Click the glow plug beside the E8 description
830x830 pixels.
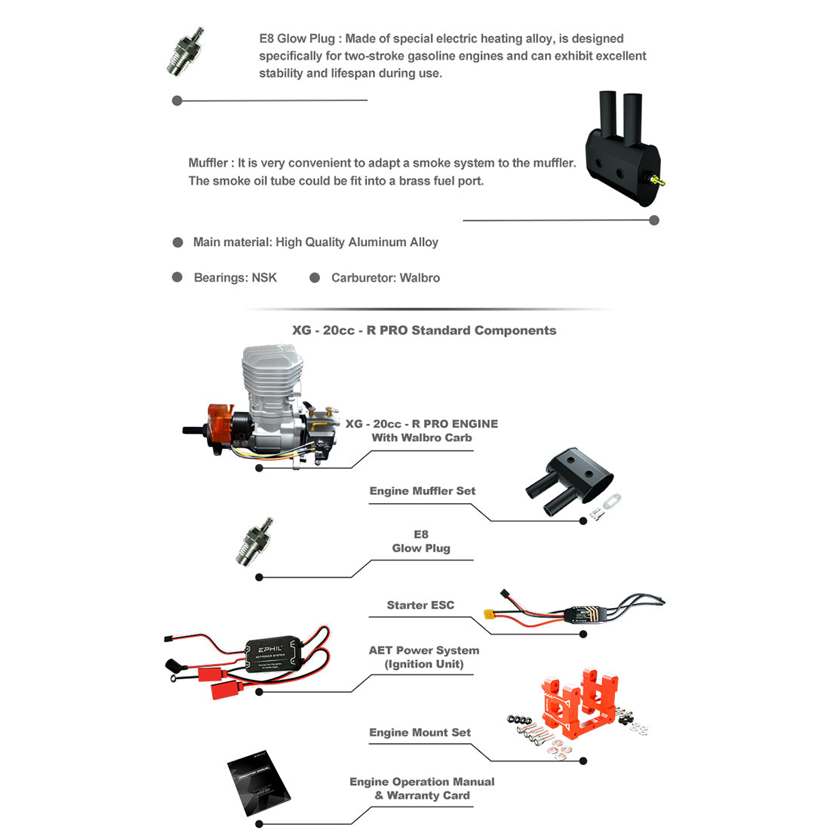tap(184, 51)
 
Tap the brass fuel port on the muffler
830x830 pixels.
tap(659, 181)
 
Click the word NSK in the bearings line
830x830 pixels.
tap(264, 278)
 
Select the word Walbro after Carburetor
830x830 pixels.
tap(420, 278)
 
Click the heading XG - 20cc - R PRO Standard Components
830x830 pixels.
tap(424, 330)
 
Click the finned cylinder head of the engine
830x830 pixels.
tap(272, 377)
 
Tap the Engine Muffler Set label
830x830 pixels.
tap(423, 491)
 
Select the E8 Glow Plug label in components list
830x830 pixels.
tap(421, 541)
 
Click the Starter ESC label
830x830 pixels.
tap(420, 605)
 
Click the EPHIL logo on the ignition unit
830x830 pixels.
tap(270, 648)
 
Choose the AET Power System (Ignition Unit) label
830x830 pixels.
tap(424, 657)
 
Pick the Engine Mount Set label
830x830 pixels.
tap(420, 733)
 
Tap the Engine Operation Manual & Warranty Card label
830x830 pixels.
tap(422, 788)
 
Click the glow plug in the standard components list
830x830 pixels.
tap(253, 542)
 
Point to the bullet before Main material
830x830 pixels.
tap(178, 242)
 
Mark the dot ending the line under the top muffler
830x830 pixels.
tap(654, 220)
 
